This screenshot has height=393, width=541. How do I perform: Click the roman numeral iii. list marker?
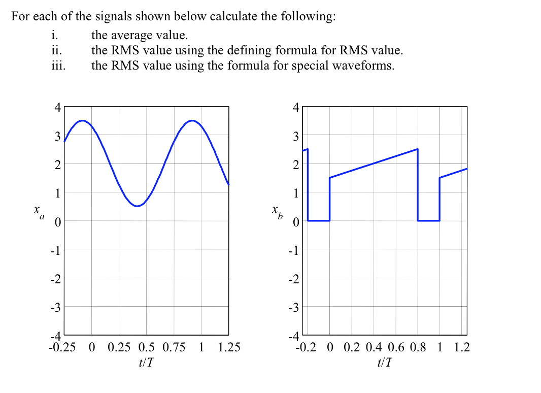(x=58, y=65)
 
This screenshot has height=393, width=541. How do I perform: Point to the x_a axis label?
(x=38, y=211)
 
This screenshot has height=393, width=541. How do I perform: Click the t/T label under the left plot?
(x=146, y=362)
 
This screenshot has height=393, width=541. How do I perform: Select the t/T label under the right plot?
(x=384, y=362)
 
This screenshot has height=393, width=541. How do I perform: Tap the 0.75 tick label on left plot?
(x=174, y=348)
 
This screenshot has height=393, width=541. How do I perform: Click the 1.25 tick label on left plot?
(x=229, y=348)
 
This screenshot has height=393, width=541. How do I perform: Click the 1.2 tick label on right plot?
(x=462, y=348)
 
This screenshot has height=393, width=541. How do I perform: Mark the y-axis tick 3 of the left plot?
(x=58, y=136)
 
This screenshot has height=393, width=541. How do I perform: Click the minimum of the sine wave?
(x=137, y=206)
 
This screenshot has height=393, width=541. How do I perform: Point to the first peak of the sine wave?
(x=82, y=120)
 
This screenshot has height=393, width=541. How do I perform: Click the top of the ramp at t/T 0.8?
(x=417, y=149)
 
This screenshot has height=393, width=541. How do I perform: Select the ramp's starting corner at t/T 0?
(x=330, y=178)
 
